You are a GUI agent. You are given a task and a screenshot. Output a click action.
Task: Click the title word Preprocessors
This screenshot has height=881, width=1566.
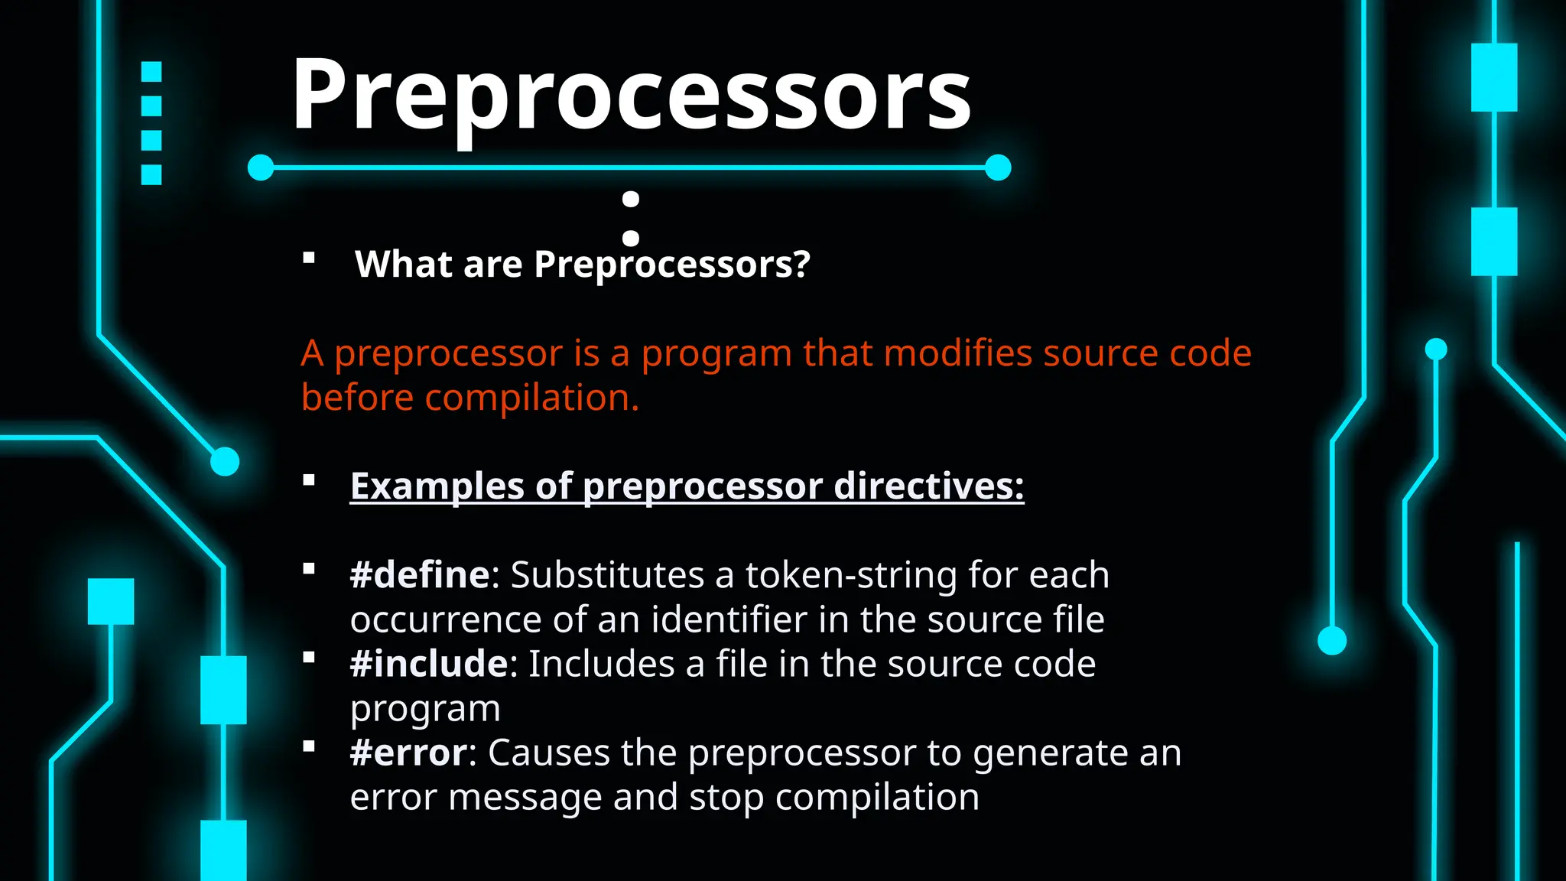[631, 96]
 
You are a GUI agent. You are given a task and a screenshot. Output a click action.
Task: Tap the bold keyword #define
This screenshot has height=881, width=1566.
[419, 574]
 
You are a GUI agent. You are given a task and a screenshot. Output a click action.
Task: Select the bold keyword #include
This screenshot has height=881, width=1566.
[428, 664]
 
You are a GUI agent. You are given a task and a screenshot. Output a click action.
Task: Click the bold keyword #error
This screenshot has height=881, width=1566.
[408, 753]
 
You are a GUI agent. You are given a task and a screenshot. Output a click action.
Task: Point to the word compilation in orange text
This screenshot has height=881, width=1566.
[531, 398]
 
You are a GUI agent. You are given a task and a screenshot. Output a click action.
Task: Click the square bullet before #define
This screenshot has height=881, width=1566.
[309, 568]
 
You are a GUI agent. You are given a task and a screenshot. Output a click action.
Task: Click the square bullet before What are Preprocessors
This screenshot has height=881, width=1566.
[309, 258]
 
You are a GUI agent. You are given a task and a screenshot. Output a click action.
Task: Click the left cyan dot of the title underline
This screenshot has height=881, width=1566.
[261, 167]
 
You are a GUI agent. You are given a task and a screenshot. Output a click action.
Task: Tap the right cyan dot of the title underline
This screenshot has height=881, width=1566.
[998, 167]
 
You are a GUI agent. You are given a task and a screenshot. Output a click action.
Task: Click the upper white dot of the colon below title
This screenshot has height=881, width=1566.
[631, 200]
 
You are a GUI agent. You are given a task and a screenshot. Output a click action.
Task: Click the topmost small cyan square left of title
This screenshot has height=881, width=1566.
[151, 72]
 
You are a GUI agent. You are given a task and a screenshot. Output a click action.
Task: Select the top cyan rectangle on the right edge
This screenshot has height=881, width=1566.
[1494, 77]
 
